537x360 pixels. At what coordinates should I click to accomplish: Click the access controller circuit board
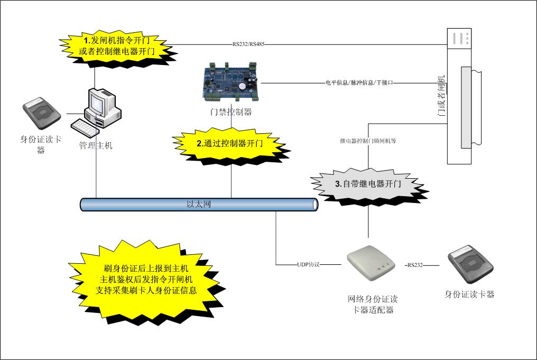(232, 82)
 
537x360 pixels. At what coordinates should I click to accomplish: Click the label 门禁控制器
(230, 112)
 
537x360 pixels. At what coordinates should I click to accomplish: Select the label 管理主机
(96, 145)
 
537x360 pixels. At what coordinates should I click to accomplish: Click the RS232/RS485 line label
(248, 44)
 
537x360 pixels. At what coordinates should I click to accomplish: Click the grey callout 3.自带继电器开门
(368, 184)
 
